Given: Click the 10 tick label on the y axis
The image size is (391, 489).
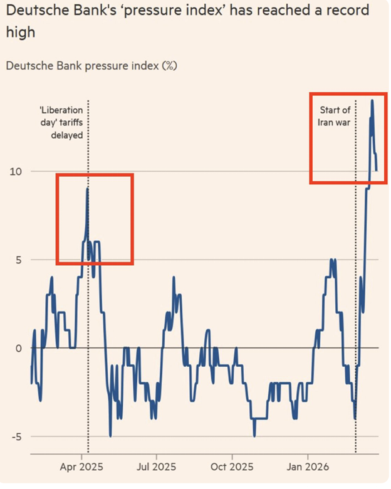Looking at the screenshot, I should (x=18, y=172).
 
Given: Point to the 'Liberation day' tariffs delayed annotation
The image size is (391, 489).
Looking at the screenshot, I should (x=61, y=122).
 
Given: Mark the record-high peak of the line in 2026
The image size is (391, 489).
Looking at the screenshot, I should (x=372, y=100).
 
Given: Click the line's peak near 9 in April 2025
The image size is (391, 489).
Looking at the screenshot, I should (x=87, y=189).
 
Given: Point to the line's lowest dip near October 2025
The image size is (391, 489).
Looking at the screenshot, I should (x=254, y=436).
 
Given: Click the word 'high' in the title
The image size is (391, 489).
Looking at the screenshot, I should (x=21, y=33).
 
